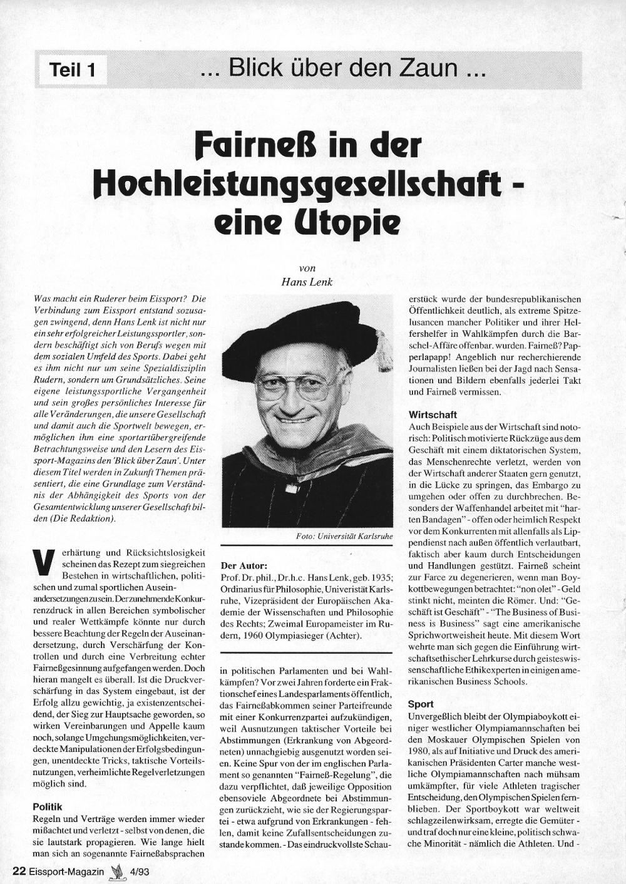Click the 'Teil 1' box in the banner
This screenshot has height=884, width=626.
[72, 69]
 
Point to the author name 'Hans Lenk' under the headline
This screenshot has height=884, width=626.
[307, 282]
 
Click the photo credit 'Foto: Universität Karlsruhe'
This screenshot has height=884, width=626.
[344, 537]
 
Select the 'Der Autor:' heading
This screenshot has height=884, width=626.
[244, 565]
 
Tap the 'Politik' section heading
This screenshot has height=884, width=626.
[48, 807]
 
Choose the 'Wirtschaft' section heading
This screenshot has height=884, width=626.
[433, 414]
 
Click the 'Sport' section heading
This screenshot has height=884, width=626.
[420, 704]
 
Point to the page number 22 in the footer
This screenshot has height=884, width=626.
[19, 871]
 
